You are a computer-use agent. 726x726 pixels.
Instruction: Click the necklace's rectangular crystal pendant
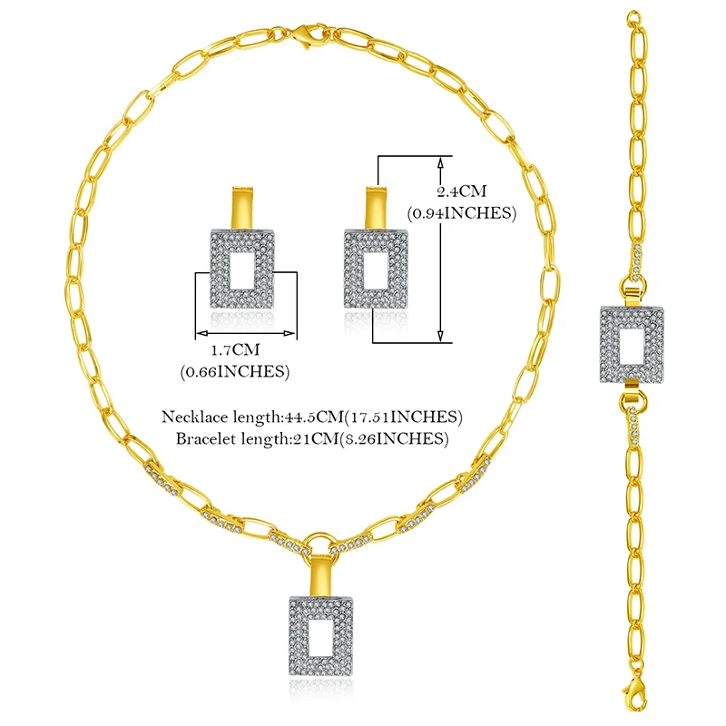[x=323, y=633]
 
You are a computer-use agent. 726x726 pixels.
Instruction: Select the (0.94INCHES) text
[x=462, y=213]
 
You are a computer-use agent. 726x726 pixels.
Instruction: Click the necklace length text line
[x=312, y=418]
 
